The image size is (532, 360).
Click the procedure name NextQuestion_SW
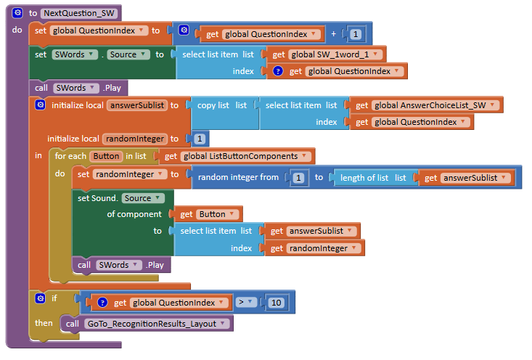pos(78,13)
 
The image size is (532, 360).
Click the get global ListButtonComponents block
pos(237,156)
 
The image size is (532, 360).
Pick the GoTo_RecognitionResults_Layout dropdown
pos(157,324)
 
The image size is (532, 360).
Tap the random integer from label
pos(237,177)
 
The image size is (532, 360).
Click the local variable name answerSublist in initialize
pos(136,105)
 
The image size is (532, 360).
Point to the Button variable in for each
pos(105,156)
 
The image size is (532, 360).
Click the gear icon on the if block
pos(40,298)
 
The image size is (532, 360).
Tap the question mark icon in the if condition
pos(102,303)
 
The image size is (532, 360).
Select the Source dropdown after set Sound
pos(142,198)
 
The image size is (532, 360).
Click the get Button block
pos(207,214)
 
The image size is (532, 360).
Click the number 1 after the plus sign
pos(355,33)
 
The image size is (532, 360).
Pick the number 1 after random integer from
pos(297,177)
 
